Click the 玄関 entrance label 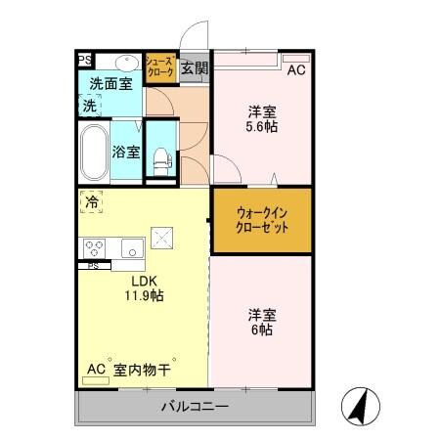click(x=195, y=68)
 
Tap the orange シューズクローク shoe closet click(x=160, y=66)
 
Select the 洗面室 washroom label click(x=110, y=85)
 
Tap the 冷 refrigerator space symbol click(x=91, y=203)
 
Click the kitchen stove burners click(x=95, y=246)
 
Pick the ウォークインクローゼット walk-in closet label click(x=261, y=220)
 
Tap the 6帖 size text click(x=260, y=330)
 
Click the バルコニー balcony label click(x=195, y=406)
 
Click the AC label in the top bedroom click(x=295, y=69)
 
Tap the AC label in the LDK click(x=95, y=370)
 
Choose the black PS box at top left click(x=85, y=60)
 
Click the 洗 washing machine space click(x=90, y=105)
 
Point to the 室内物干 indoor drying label click(x=142, y=370)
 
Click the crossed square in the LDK click(x=160, y=238)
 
